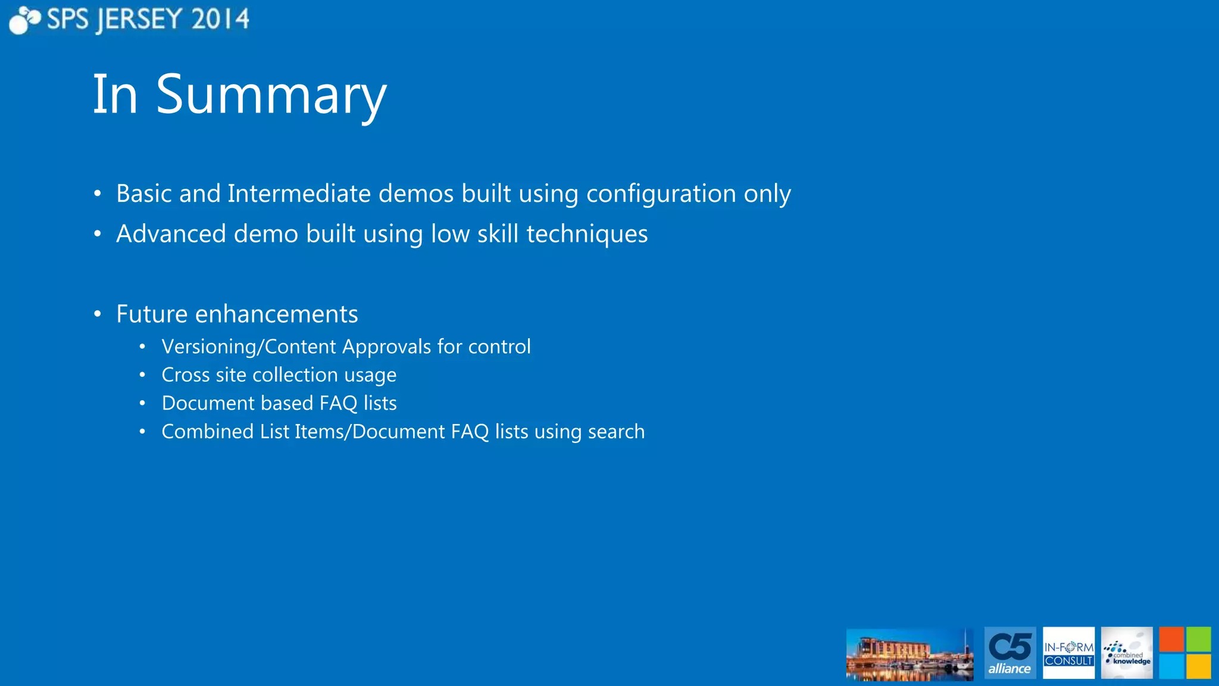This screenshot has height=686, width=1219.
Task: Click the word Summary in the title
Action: pyautogui.click(x=271, y=95)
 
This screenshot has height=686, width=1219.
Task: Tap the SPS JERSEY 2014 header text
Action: pyautogui.click(x=148, y=20)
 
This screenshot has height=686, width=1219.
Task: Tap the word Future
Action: pyautogui.click(x=152, y=314)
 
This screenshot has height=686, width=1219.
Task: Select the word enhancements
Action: pyautogui.click(x=276, y=314)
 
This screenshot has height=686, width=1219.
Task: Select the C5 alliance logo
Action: pyautogui.click(x=1010, y=653)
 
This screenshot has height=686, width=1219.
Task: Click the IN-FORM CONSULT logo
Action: pyautogui.click(x=1068, y=653)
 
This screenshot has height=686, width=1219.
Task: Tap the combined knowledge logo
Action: pyautogui.click(x=1127, y=653)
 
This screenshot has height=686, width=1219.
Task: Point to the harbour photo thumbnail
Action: pyautogui.click(x=909, y=654)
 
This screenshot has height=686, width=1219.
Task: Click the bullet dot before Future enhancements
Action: pyautogui.click(x=98, y=314)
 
